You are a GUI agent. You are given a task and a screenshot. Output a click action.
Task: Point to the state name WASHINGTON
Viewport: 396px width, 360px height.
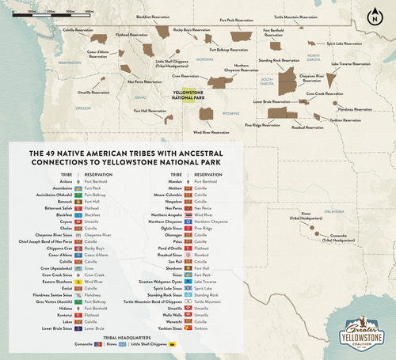click(70, 62)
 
